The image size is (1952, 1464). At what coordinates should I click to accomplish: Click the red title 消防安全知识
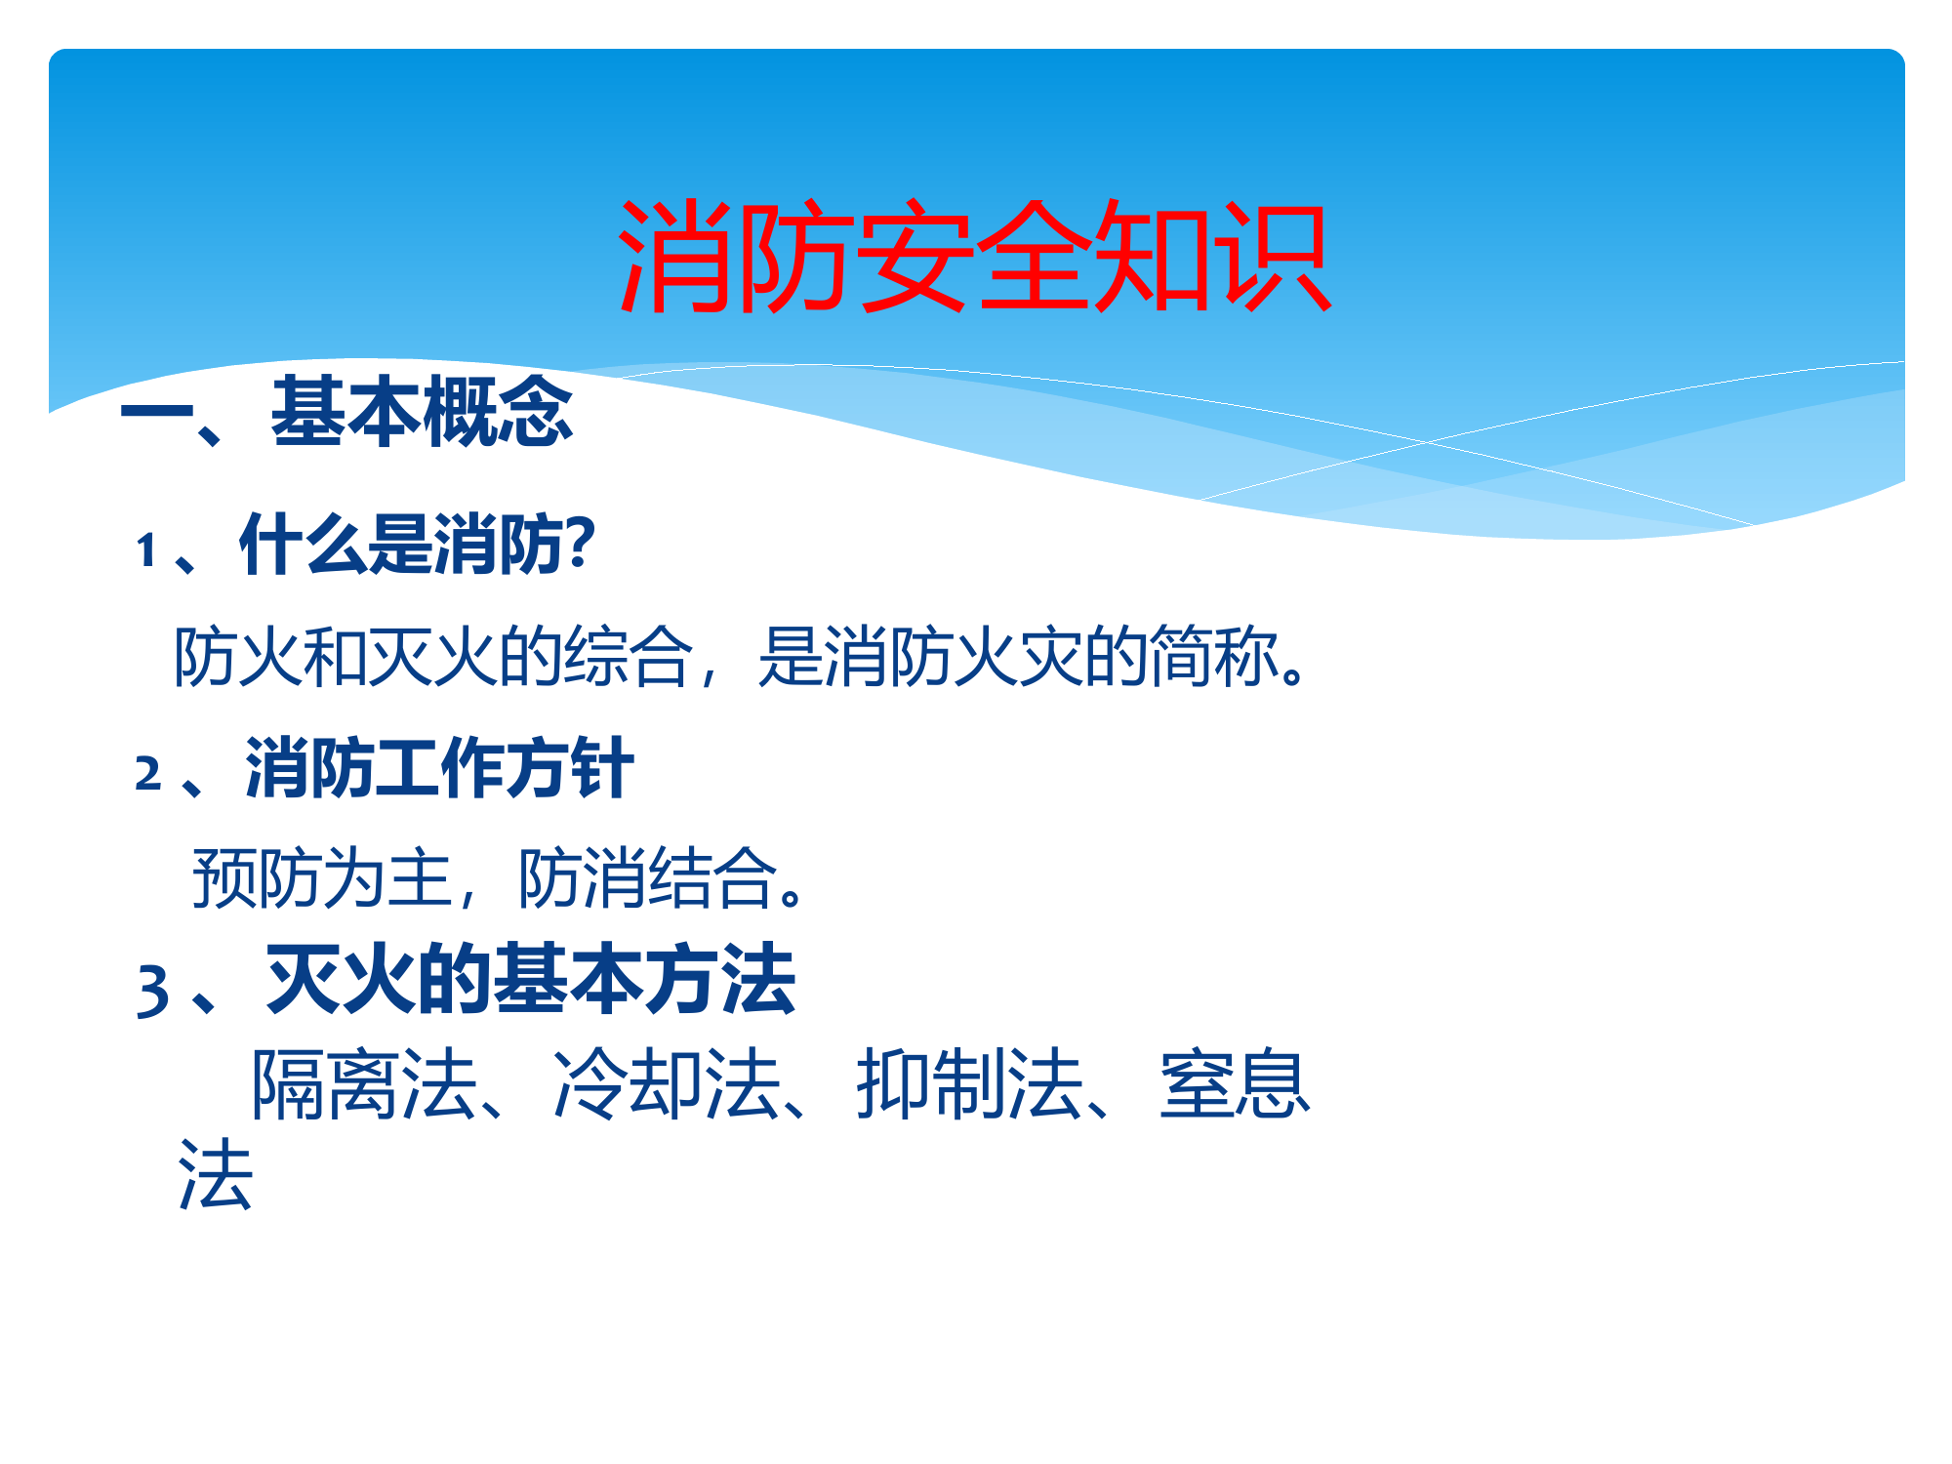[x=974, y=256]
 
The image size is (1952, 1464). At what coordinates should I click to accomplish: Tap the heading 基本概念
[x=422, y=412]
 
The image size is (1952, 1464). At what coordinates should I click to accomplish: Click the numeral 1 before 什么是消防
[x=147, y=550]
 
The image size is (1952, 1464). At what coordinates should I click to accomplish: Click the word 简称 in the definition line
[x=1214, y=656]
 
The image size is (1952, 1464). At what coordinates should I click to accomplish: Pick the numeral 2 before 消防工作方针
[x=148, y=774]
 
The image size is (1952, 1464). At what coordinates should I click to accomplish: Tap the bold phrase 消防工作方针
[x=439, y=769]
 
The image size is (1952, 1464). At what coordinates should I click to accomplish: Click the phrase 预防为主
[x=322, y=878]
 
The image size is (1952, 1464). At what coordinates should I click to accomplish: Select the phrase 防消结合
[x=647, y=878]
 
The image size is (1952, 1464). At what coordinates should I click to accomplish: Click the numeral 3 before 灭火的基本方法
[x=153, y=991]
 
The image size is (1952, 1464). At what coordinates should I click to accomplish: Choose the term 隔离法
[x=364, y=1084]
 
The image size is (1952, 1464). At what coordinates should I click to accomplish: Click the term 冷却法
[x=667, y=1084]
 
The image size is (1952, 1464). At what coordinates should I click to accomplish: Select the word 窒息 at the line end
[x=1235, y=1084]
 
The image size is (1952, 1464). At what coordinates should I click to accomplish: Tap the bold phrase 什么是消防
[x=401, y=545]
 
